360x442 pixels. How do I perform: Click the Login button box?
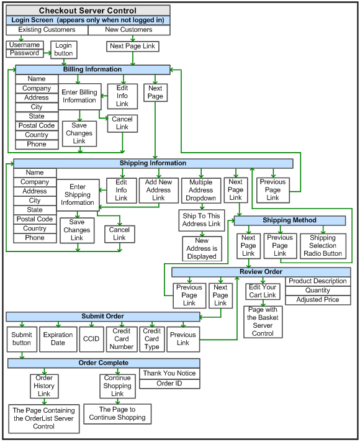pyautogui.click(x=64, y=50)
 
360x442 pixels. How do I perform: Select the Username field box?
pyautogui.click(x=25, y=45)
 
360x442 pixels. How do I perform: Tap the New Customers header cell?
pyautogui.click(x=129, y=30)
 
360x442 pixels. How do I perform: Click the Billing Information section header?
pyautogui.click(x=92, y=70)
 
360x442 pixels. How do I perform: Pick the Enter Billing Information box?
pyautogui.click(x=79, y=96)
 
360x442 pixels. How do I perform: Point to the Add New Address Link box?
pyautogui.click(x=158, y=191)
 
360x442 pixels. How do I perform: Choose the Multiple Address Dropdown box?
pyautogui.click(x=200, y=191)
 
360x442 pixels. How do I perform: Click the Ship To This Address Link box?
pyautogui.click(x=202, y=220)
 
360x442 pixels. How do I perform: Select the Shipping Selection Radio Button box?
pyautogui.click(x=323, y=246)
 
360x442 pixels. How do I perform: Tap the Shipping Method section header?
pyautogui.click(x=289, y=220)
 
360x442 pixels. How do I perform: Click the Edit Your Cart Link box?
pyautogui.click(x=263, y=292)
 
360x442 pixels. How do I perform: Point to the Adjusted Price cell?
pyautogui.click(x=318, y=300)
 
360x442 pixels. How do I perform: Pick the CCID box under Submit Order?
pyautogui.click(x=91, y=339)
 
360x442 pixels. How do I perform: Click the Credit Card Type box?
pyautogui.click(x=152, y=339)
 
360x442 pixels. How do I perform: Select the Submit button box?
pyautogui.click(x=22, y=339)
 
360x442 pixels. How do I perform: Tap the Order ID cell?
pyautogui.click(x=169, y=384)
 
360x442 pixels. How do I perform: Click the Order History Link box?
pyautogui.click(x=44, y=386)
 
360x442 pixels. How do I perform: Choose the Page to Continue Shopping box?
pyautogui.click(x=117, y=414)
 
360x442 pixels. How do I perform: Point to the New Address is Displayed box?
pyautogui.click(x=202, y=249)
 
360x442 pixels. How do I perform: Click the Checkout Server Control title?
pyautogui.click(x=88, y=11)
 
